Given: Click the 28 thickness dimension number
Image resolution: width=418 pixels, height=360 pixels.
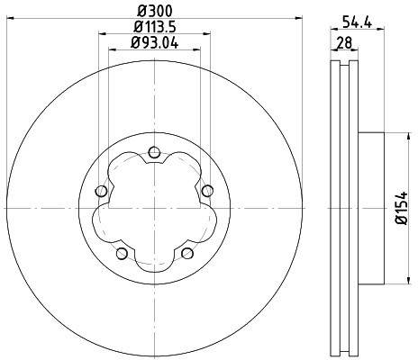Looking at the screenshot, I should point(345,41).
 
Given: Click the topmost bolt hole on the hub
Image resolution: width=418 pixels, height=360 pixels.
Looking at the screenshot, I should point(153,151).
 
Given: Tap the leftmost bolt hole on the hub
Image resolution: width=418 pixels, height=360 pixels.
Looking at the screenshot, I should point(101,190).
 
